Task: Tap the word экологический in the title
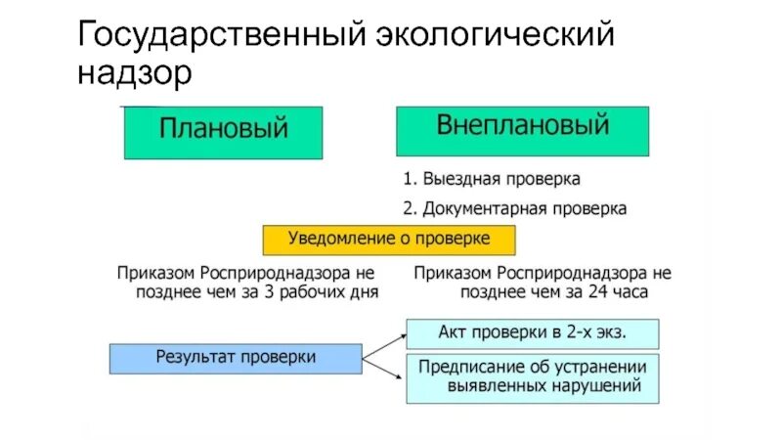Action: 496,37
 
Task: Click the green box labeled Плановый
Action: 223,132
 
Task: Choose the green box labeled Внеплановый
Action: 522,130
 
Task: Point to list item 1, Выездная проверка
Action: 492,180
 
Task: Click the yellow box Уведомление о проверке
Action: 388,240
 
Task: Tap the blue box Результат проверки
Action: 236,357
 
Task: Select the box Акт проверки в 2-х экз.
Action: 533,332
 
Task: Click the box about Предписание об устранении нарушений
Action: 533,377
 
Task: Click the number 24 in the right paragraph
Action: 593,291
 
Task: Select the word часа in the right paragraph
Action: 629,291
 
